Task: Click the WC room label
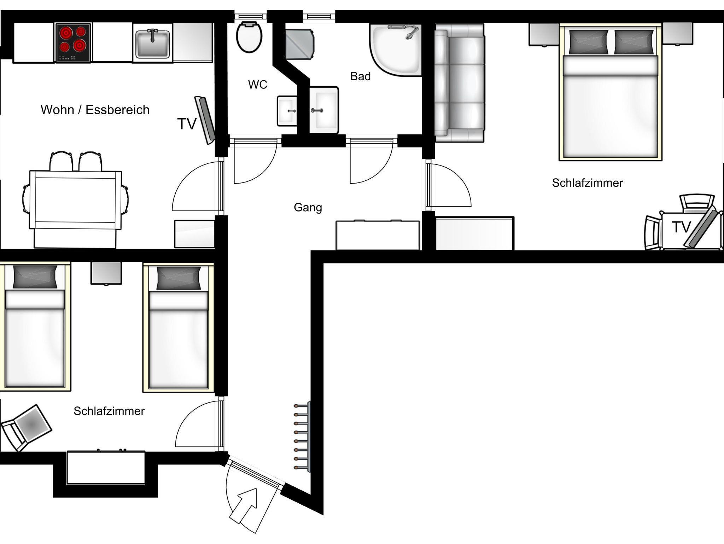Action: point(257,85)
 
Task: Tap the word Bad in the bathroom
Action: point(360,76)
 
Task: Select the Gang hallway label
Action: point(308,207)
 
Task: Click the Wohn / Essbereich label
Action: point(95,110)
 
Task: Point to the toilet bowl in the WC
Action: point(249,37)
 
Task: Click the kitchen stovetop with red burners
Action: point(74,43)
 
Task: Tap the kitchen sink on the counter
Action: point(153,44)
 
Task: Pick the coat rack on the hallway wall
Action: point(303,436)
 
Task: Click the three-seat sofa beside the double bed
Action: point(459,83)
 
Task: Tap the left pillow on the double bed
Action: point(589,42)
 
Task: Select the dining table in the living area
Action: point(76,200)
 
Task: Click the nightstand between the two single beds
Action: point(106,273)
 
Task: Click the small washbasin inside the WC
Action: point(287,111)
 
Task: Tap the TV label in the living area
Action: point(187,124)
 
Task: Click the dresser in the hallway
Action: point(378,235)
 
